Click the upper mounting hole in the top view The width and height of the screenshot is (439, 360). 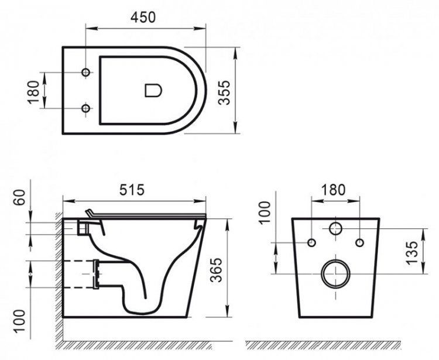[87, 72]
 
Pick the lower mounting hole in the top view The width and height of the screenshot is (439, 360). [87, 108]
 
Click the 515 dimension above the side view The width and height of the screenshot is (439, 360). [132, 190]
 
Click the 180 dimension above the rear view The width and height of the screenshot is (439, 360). [334, 190]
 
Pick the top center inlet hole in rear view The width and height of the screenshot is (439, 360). [335, 228]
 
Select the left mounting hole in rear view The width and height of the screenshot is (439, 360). [311, 242]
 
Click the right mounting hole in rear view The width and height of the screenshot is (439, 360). [359, 242]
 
